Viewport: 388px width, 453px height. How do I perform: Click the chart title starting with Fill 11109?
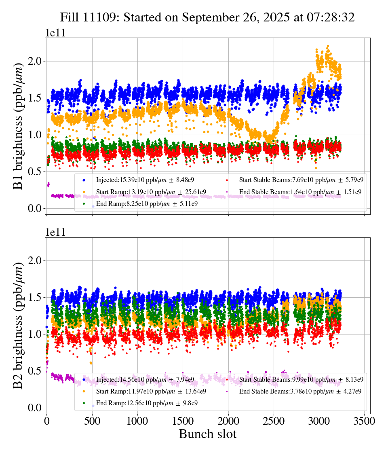pos(207,17)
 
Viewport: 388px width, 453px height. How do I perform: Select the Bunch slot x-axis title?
pos(207,434)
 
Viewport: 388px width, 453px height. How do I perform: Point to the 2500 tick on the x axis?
pos(274,421)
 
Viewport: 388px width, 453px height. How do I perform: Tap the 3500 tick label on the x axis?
pos(365,421)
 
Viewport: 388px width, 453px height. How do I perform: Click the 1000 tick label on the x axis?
pos(137,421)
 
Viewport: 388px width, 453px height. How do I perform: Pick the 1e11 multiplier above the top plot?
pos(55,33)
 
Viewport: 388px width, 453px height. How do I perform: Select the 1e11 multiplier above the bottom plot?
pos(55,233)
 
